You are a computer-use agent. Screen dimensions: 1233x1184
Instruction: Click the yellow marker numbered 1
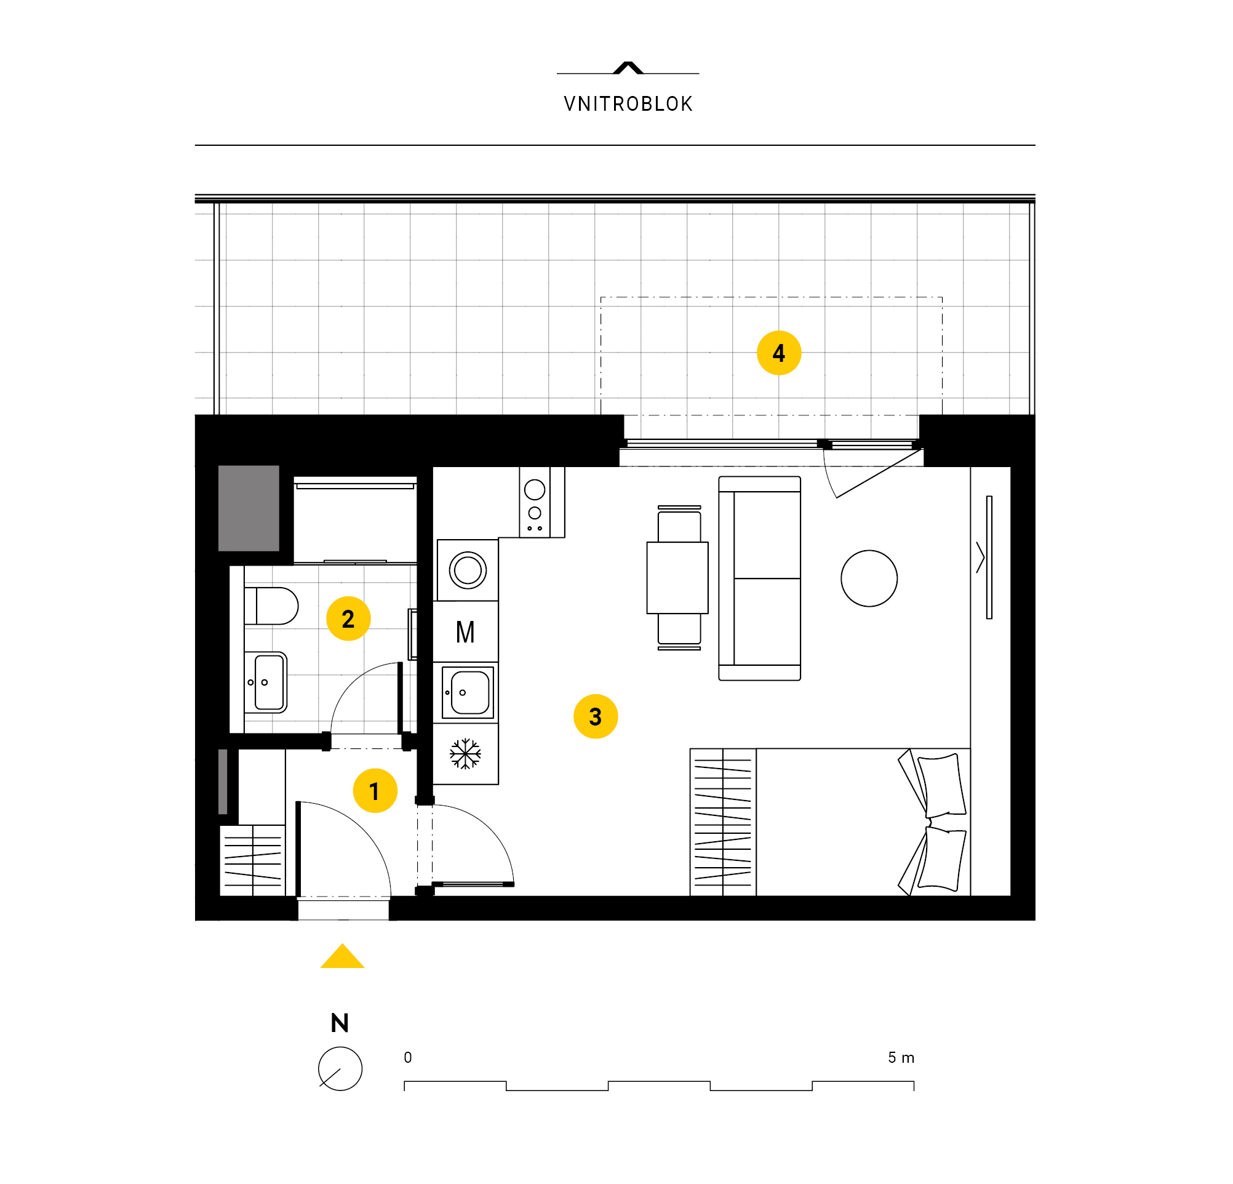click(375, 790)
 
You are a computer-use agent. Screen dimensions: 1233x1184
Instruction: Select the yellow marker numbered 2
click(348, 618)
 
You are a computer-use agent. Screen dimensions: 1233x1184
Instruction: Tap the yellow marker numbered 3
click(595, 716)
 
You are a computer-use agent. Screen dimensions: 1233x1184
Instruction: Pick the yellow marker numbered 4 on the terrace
click(779, 353)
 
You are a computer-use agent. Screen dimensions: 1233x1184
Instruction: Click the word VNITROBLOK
click(628, 104)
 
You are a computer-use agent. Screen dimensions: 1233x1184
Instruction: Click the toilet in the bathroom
click(271, 606)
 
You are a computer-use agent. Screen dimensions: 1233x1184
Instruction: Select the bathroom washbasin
click(265, 682)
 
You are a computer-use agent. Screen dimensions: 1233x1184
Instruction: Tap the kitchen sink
click(468, 692)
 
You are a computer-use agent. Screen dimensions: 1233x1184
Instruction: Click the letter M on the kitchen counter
click(465, 631)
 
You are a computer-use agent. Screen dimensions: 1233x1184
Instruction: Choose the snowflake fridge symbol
click(465, 753)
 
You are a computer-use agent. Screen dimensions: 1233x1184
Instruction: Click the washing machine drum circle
click(468, 570)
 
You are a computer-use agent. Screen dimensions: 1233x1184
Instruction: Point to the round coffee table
click(869, 578)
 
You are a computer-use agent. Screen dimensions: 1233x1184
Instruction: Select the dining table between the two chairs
click(677, 577)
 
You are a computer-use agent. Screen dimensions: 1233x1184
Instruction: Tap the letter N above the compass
click(340, 1023)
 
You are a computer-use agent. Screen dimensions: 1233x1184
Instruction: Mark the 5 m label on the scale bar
click(901, 1058)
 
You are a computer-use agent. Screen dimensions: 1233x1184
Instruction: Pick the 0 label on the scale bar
click(408, 1058)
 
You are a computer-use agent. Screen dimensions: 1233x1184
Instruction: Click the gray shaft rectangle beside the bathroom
click(249, 508)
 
